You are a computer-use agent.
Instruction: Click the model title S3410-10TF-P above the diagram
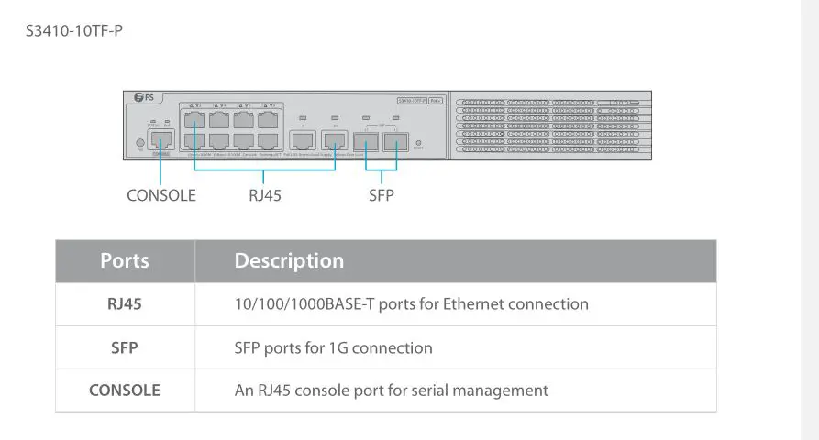pyautogui.click(x=75, y=31)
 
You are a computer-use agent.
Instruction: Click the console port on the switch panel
pyautogui.click(x=161, y=140)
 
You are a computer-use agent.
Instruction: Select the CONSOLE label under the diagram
pyautogui.click(x=161, y=195)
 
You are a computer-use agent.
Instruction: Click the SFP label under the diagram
pyautogui.click(x=382, y=195)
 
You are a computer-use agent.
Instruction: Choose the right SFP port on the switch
pyautogui.click(x=395, y=140)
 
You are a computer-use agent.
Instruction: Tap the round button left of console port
pyautogui.click(x=139, y=142)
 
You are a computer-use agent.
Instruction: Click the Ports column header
pyautogui.click(x=125, y=260)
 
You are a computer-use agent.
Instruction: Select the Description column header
pyautogui.click(x=289, y=260)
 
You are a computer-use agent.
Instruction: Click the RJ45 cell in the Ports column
pyautogui.click(x=125, y=304)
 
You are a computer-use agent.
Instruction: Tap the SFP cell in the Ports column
pyautogui.click(x=125, y=347)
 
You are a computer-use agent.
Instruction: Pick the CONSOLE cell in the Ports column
pyautogui.click(x=125, y=390)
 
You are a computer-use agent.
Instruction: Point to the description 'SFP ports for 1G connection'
pyautogui.click(x=334, y=347)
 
